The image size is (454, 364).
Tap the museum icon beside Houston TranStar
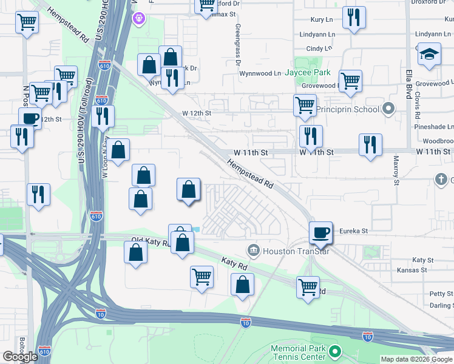coord(253,251)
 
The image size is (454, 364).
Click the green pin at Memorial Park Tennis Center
coord(334,352)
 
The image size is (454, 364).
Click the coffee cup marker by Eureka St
coord(320,232)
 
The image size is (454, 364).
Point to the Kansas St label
coord(412,269)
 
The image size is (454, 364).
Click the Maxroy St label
coord(396,171)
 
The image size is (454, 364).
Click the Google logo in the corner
coord(20,357)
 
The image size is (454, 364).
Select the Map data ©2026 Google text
coord(416,359)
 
